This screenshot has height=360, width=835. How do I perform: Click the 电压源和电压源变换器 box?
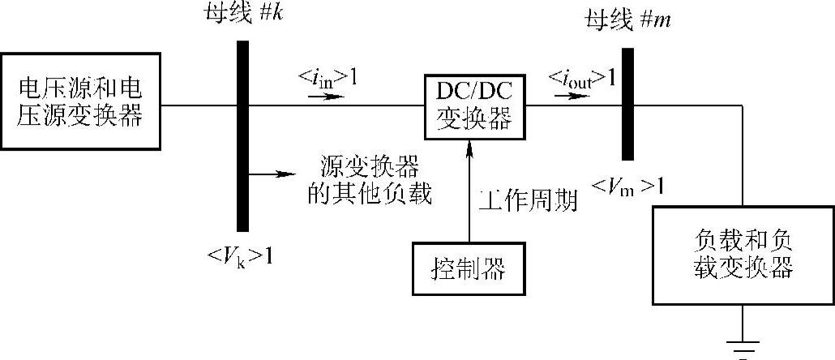tap(81, 101)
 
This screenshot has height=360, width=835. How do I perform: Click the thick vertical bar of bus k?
tap(242, 133)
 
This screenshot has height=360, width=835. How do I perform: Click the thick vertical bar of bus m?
tap(627, 104)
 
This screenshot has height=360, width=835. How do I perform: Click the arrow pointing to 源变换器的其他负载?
tap(272, 174)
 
